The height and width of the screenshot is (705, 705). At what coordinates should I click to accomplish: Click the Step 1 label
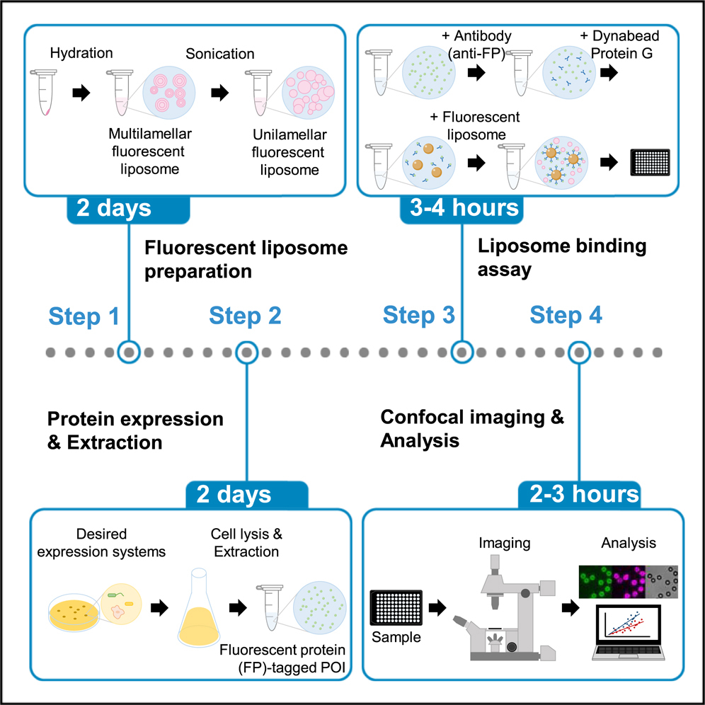point(84,316)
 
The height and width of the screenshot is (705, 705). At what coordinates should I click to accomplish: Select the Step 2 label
point(245,316)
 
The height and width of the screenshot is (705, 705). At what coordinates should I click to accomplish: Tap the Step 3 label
point(419,316)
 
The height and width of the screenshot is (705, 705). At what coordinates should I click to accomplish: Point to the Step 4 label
point(566,316)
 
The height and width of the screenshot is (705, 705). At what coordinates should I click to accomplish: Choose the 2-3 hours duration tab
point(580,493)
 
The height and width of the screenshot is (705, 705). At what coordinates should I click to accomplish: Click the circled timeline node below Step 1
point(128,350)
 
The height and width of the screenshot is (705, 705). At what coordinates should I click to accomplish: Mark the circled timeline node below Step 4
point(580,350)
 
